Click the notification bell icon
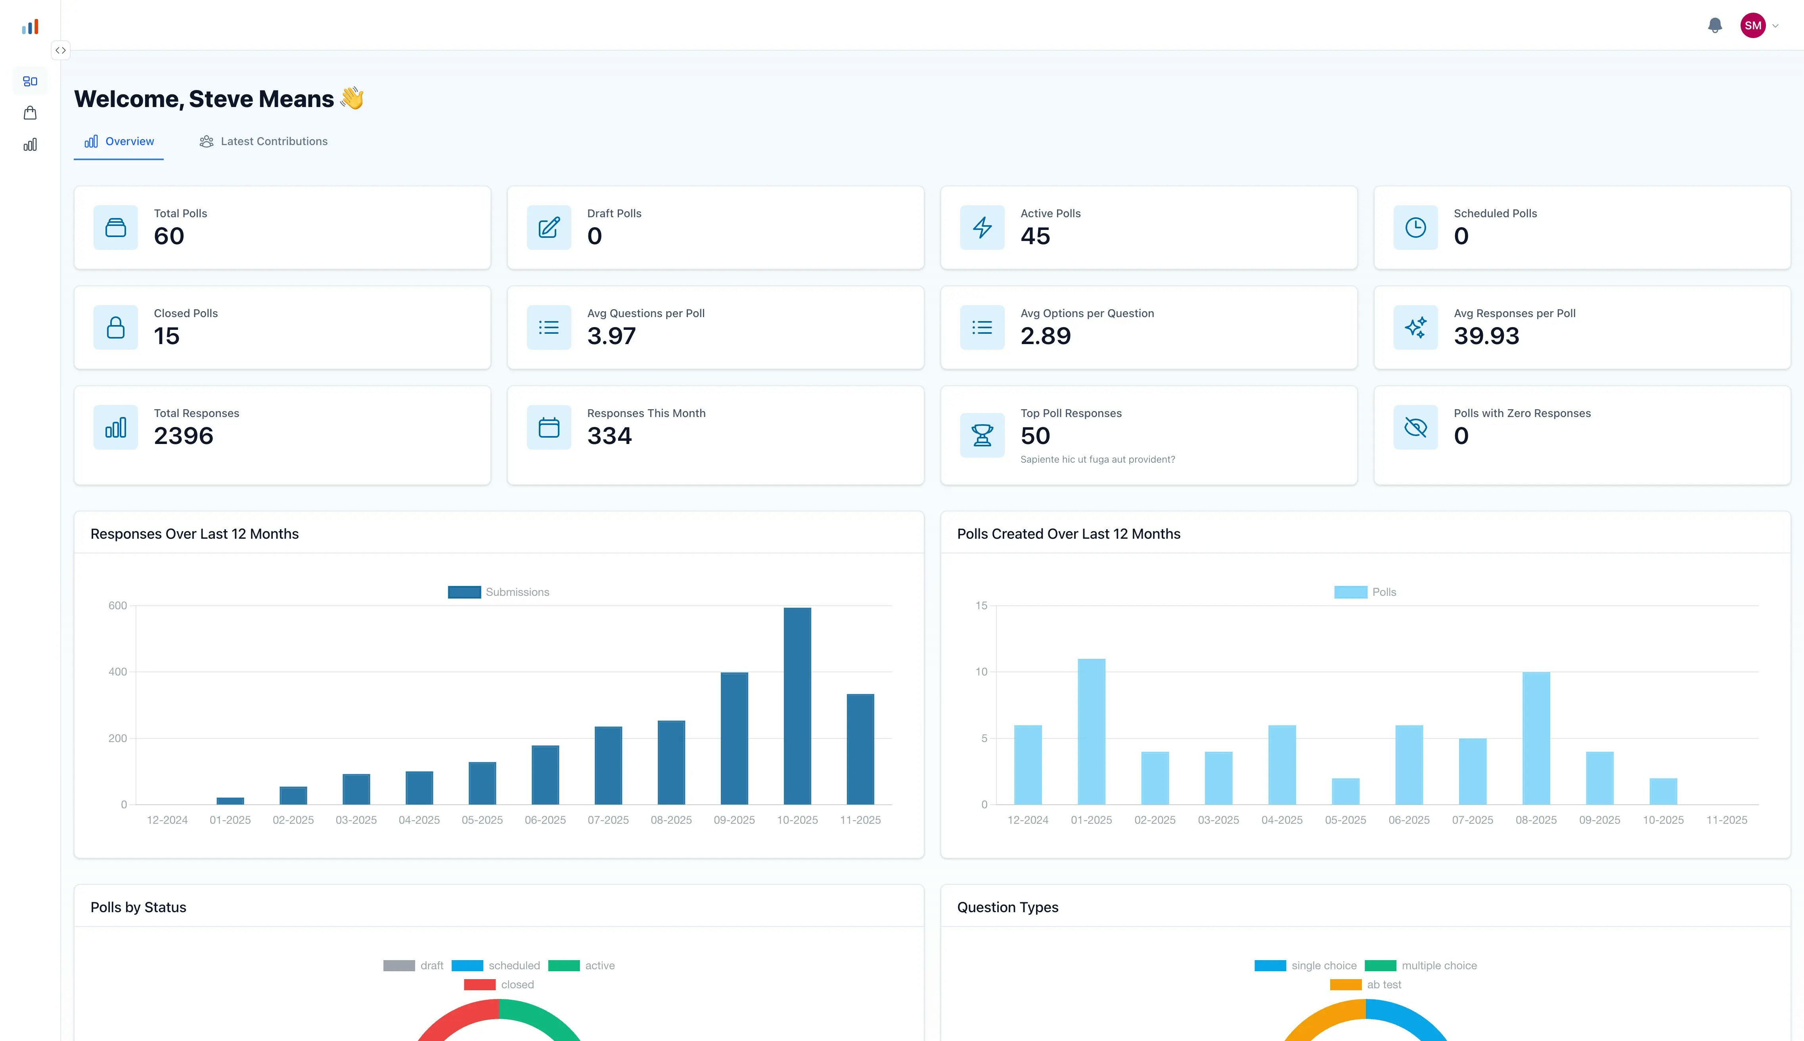1715,26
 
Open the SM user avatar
1752,26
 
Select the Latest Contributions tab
263,142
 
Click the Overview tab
119,142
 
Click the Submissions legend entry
499,592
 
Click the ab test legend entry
1366,985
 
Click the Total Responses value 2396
184,436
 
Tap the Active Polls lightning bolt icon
982,228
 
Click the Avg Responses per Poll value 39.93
1486,336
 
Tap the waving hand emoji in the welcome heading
352,98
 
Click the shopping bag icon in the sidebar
30,113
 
